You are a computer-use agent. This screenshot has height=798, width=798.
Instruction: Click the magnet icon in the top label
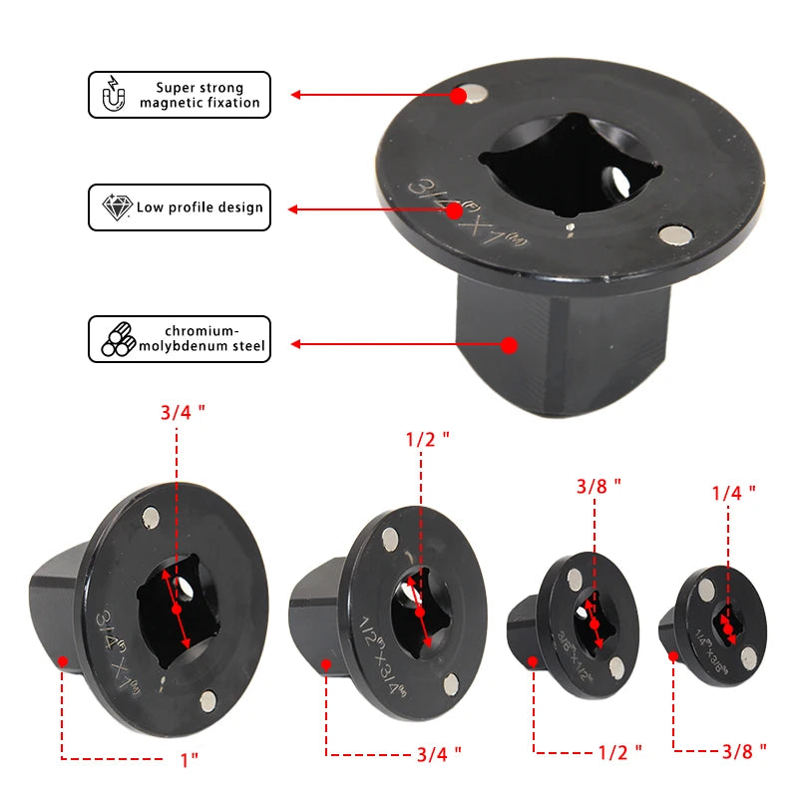point(113,95)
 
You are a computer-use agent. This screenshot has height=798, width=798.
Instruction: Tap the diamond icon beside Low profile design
point(117,207)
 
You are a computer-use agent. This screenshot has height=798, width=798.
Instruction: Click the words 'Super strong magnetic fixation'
point(199,95)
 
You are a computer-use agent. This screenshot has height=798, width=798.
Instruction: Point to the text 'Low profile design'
point(199,207)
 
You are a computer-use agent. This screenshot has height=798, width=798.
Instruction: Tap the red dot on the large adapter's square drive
point(509,345)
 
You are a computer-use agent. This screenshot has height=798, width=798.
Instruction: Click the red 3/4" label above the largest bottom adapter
point(182,411)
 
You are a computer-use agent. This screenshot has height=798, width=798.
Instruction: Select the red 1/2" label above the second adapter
point(427,438)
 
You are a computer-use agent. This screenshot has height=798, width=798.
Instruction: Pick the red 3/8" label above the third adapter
point(598,485)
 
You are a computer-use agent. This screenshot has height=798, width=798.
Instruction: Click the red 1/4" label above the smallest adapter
point(733,491)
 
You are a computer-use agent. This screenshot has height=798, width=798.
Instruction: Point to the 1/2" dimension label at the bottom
point(619,750)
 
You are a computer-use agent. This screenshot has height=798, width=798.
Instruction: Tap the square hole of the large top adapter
point(539,165)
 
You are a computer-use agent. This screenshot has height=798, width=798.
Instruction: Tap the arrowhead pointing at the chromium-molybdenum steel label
point(295,345)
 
